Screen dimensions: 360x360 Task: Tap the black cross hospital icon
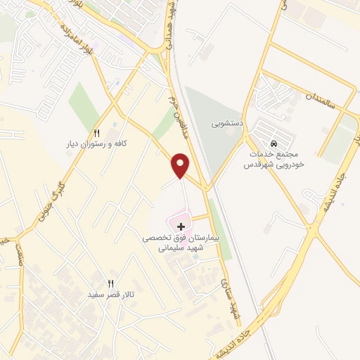click(182, 226)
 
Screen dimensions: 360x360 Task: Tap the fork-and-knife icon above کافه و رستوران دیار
click(97, 133)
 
